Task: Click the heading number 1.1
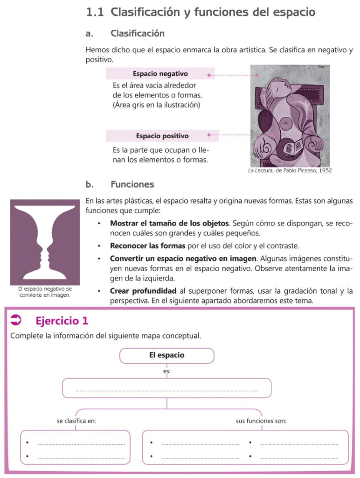tap(95, 13)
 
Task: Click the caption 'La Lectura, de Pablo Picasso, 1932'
tap(290, 171)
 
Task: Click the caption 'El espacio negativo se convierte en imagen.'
tap(45, 292)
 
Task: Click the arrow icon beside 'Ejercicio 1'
tap(16, 320)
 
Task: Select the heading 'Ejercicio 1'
tap(62, 321)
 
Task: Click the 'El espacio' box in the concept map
tap(166, 355)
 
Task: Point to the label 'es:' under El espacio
tap(167, 372)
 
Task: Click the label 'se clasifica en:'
tap(76, 421)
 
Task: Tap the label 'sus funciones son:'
tap(261, 421)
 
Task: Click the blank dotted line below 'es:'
tap(166, 390)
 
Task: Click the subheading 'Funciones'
tap(132, 184)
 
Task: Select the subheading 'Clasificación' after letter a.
tap(138, 34)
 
